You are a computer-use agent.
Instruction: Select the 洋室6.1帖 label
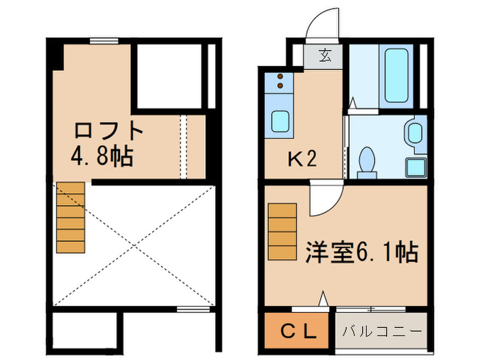(x=361, y=252)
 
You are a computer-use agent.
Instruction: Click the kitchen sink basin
(x=280, y=121)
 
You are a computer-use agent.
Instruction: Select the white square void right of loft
(x=168, y=75)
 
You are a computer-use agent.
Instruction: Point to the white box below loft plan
(x=86, y=331)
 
